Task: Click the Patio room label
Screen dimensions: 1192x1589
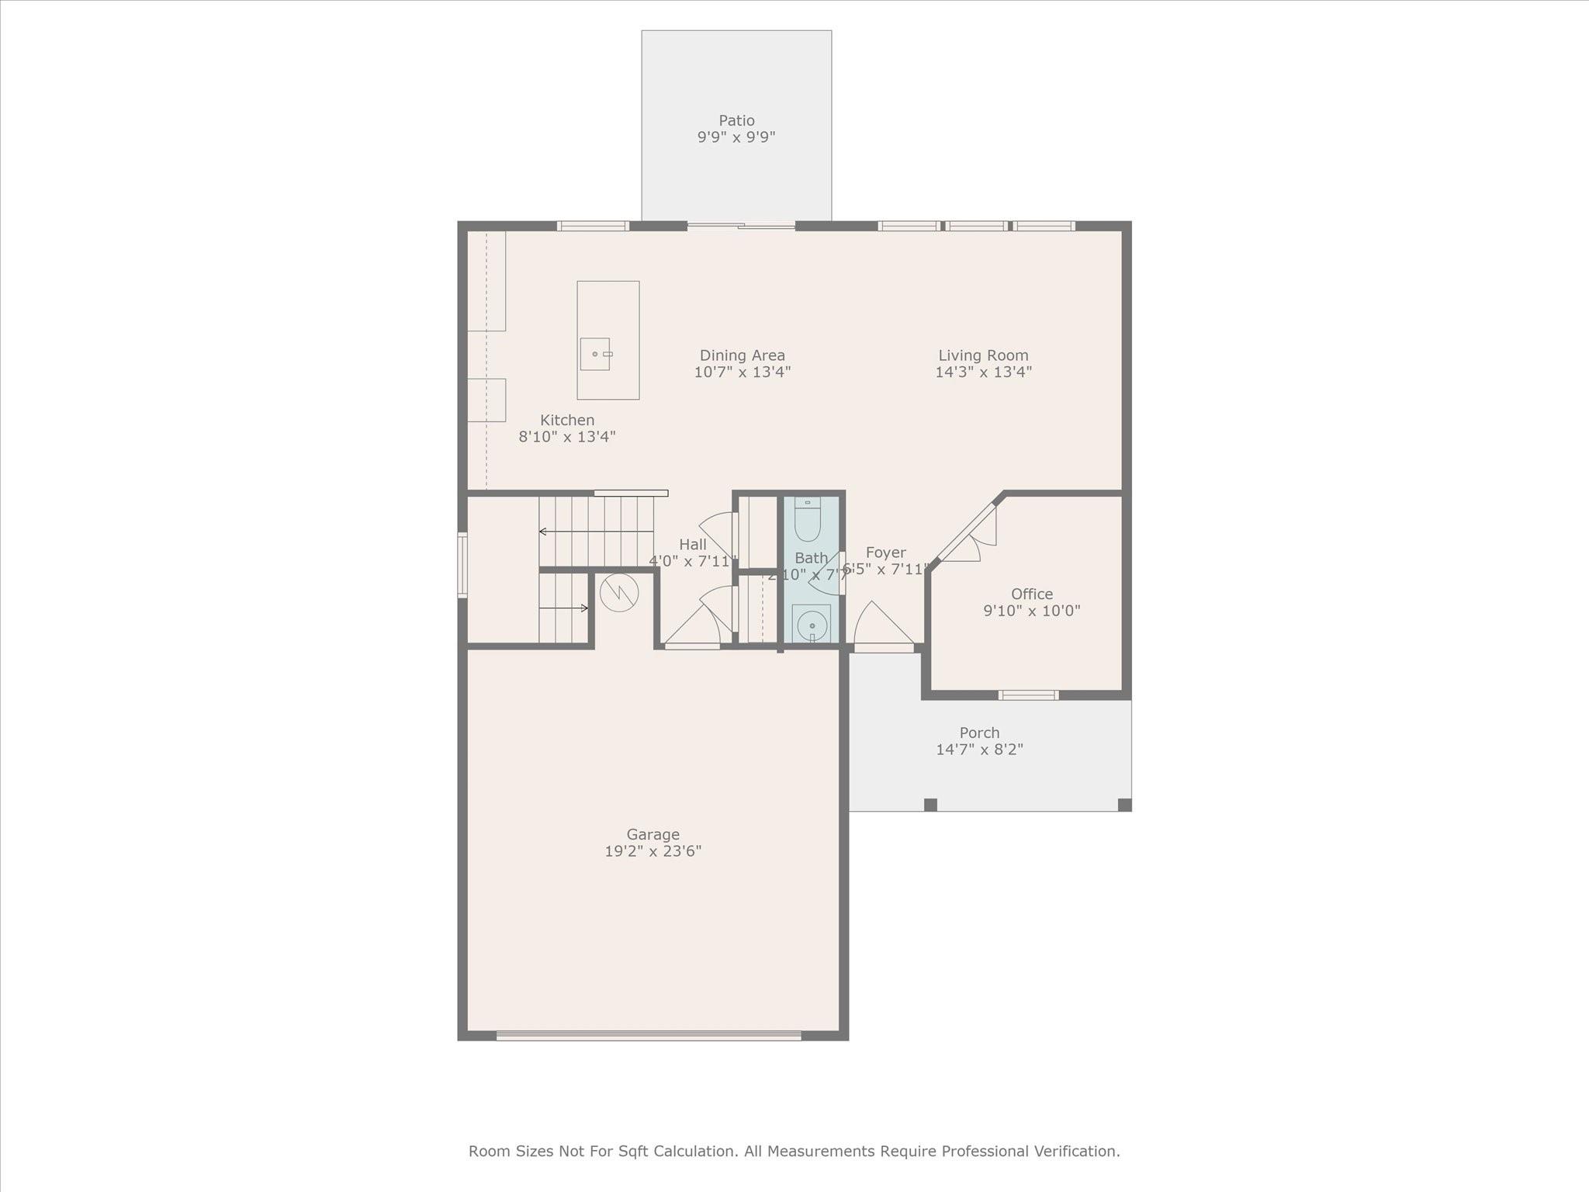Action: tap(736, 120)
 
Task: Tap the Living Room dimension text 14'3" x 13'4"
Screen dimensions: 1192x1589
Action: tap(983, 372)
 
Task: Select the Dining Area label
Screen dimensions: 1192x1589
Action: tap(742, 355)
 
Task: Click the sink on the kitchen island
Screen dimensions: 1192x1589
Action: tap(595, 354)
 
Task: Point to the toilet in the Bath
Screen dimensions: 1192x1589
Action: tap(808, 520)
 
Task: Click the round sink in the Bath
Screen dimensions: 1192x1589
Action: tap(812, 624)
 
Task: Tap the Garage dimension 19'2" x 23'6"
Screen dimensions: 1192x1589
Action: tap(653, 851)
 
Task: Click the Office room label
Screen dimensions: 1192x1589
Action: tap(1031, 594)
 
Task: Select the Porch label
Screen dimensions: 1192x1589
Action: tap(979, 733)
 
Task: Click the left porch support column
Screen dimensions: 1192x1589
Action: tap(930, 805)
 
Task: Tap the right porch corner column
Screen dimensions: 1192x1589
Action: tap(1124, 805)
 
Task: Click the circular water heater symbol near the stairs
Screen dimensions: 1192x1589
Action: tap(619, 593)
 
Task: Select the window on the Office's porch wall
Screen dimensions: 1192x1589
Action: tap(1028, 695)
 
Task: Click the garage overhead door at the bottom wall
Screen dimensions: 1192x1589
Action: tap(649, 1035)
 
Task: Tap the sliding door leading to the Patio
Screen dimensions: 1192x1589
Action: tap(741, 226)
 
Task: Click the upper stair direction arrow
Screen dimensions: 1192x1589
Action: tap(595, 532)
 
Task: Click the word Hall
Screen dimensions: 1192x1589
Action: tap(692, 545)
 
